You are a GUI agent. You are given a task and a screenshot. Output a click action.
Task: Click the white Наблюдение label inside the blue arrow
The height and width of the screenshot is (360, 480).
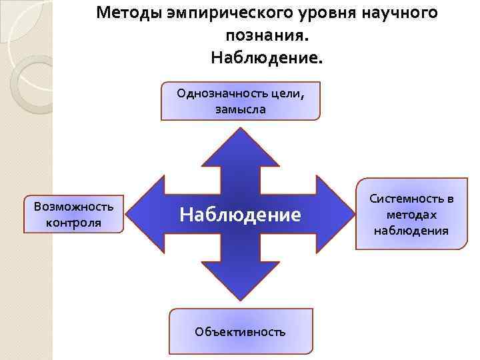pos(240,215)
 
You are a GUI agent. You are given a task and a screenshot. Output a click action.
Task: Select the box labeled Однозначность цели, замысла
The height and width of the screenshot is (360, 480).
pos(240,101)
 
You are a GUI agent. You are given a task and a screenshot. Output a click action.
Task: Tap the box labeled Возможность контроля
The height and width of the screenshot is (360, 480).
pos(73,214)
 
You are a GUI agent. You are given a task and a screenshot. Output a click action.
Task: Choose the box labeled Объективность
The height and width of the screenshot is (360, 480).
pos(240,331)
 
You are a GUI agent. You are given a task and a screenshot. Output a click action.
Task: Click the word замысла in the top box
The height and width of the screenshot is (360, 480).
pos(240,109)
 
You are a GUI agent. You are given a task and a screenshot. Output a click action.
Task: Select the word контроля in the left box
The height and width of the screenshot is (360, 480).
pos(73,222)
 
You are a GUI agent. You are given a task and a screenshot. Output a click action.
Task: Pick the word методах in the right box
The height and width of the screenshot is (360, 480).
pos(411,215)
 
